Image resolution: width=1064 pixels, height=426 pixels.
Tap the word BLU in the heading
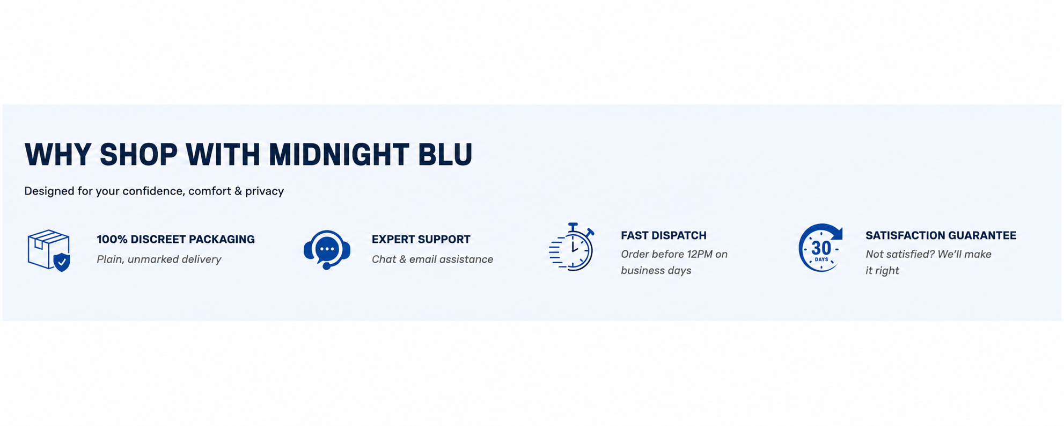445,155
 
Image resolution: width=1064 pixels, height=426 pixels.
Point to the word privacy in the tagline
265,192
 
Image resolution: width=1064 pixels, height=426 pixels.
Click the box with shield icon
49,250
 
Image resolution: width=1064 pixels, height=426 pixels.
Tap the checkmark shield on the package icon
62,262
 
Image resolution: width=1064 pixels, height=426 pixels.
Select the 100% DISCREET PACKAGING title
175,240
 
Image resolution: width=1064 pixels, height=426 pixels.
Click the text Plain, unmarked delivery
159,259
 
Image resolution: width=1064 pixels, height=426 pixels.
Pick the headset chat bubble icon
327,250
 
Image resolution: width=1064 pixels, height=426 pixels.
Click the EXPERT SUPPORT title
421,240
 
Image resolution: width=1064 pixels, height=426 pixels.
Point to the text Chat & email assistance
432,259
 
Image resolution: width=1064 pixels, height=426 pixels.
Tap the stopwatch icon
571,247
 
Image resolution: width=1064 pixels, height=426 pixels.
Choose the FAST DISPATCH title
664,236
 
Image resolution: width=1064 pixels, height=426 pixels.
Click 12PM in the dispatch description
700,254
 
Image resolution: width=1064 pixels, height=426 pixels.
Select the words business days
656,271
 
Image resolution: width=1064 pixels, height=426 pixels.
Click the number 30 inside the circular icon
821,248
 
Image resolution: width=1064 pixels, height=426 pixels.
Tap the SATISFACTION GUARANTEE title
941,236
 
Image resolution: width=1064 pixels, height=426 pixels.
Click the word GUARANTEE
982,236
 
